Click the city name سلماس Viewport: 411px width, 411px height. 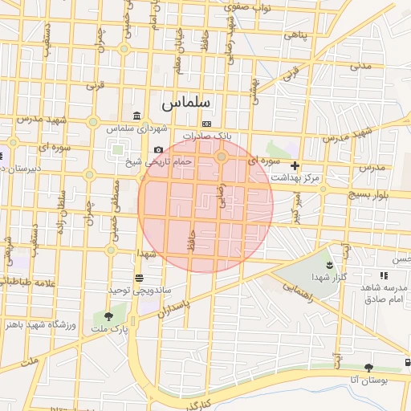point(185,103)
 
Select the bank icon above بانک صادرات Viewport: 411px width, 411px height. point(206,124)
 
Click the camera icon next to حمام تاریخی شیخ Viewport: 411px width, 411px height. point(158,150)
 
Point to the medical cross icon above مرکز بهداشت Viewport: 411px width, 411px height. point(295,165)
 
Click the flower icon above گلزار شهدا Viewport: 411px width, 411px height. point(328,264)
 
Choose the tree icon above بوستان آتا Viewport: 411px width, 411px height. point(368,368)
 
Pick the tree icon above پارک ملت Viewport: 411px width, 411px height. point(108,316)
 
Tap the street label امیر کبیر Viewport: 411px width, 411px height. point(296,206)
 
